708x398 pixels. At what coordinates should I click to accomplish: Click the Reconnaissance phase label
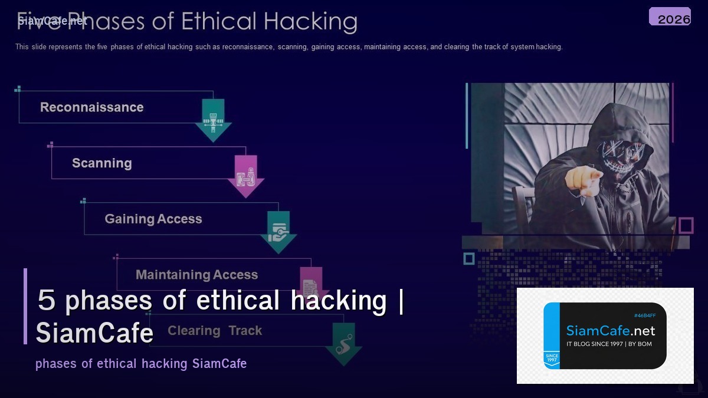pyautogui.click(x=91, y=107)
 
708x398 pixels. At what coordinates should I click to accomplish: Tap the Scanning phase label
pyautogui.click(x=101, y=163)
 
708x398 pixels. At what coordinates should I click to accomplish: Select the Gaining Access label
pyautogui.click(x=153, y=219)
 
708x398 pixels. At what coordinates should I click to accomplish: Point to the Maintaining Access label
pyautogui.click(x=196, y=275)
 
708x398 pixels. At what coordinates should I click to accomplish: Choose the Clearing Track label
pyautogui.click(x=215, y=331)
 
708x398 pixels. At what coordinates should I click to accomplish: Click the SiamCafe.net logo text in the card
pyautogui.click(x=611, y=331)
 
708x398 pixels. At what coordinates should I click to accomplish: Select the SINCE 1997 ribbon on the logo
pyautogui.click(x=552, y=358)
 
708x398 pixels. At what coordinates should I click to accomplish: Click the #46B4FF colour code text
pyautogui.click(x=644, y=315)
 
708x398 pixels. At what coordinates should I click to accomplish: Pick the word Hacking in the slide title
pyautogui.click(x=310, y=21)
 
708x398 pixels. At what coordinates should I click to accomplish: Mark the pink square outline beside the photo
pyautogui.click(x=686, y=225)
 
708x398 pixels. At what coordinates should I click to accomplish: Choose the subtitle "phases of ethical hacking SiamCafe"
pyautogui.click(x=141, y=363)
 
